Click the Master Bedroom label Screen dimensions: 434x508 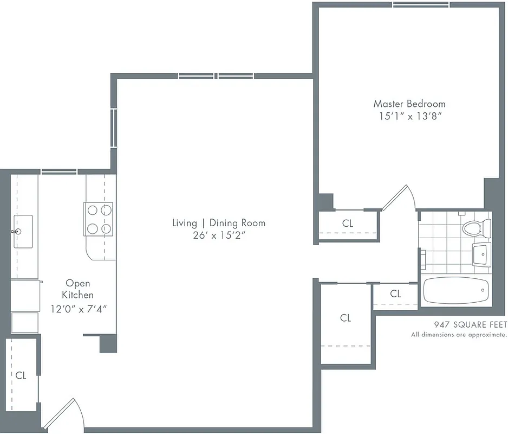[x=409, y=104]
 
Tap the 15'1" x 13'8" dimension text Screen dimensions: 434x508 [x=409, y=116]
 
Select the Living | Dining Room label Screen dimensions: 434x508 [x=219, y=223]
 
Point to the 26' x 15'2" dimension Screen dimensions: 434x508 [x=219, y=235]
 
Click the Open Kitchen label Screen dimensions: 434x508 [x=78, y=289]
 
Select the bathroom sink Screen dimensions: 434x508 [x=481, y=254]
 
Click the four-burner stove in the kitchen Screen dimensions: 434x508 [x=99, y=219]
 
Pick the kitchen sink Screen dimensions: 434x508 [x=23, y=224]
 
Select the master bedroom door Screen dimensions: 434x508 [x=398, y=198]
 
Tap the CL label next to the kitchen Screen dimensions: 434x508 [x=21, y=375]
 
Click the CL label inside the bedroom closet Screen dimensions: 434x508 [x=348, y=223]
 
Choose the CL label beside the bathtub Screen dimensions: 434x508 [x=395, y=293]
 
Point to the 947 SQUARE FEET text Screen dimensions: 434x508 [x=470, y=325]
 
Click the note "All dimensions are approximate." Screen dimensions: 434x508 [x=459, y=335]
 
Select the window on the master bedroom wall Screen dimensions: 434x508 [x=421, y=5]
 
